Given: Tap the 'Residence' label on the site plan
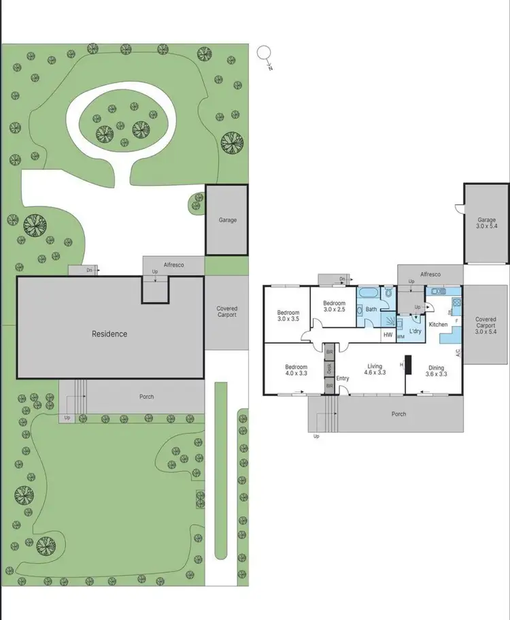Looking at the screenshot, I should (x=109, y=333).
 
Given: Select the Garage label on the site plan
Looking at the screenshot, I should (x=227, y=220).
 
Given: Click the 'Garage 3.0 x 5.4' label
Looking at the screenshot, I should (x=486, y=223).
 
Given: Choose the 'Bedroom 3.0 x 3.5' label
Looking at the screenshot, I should (x=288, y=314).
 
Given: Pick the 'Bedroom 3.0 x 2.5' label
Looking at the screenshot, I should (x=334, y=307).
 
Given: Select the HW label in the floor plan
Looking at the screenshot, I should (x=388, y=334).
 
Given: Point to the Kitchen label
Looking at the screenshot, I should (x=438, y=325).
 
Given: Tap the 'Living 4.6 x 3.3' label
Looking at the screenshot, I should (x=375, y=369).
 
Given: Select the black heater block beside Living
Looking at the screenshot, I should (x=409, y=365).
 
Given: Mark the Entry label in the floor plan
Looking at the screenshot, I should (x=342, y=378).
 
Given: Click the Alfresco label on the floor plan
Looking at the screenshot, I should (x=430, y=274).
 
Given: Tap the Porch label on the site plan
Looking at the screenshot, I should (x=146, y=397).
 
